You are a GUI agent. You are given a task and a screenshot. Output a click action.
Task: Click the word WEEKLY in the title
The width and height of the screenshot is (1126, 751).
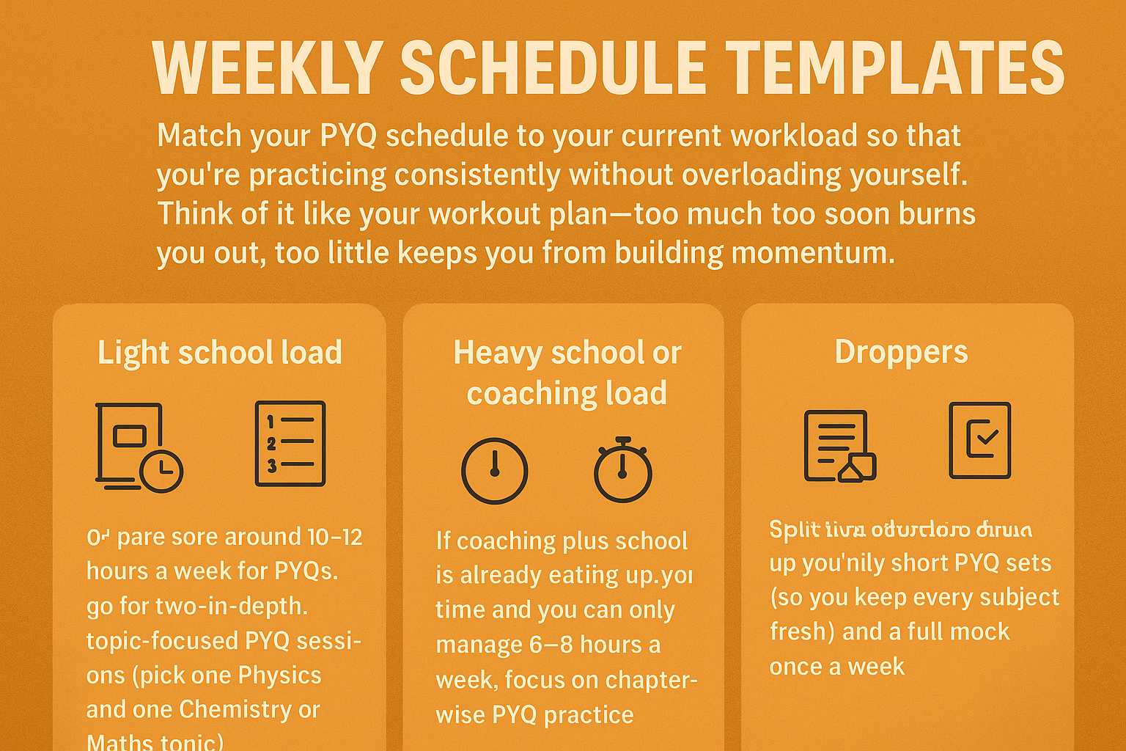click(x=268, y=67)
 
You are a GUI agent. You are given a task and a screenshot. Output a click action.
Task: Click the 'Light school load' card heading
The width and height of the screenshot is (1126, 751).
click(x=220, y=353)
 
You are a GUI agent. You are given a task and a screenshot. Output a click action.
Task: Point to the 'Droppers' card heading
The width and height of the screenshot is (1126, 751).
click(x=901, y=352)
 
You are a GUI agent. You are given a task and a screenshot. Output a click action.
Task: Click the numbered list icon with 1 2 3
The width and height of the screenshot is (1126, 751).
click(x=290, y=444)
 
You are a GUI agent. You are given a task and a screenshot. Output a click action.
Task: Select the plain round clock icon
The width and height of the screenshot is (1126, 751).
click(x=494, y=471)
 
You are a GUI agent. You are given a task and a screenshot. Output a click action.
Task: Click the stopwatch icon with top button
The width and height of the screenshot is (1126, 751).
click(x=622, y=470)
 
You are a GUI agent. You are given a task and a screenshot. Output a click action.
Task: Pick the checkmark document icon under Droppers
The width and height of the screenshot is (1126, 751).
click(x=980, y=440)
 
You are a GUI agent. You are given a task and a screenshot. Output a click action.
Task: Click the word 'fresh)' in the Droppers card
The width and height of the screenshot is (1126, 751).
click(x=802, y=631)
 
